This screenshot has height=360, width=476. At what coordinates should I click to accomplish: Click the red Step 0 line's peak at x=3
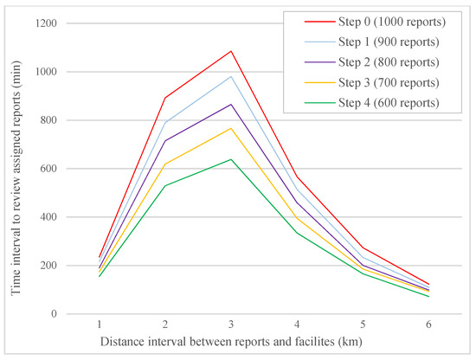(231, 51)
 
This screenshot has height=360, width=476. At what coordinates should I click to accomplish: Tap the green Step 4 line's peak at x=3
(231, 159)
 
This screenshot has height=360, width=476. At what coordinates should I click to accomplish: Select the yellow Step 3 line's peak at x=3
(231, 128)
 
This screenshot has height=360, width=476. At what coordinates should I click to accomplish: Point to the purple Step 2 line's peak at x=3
(231, 104)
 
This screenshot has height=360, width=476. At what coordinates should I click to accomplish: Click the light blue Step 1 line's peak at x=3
(231, 76)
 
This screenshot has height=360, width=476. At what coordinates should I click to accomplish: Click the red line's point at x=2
(165, 97)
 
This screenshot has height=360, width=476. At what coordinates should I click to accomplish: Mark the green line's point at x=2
(165, 185)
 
